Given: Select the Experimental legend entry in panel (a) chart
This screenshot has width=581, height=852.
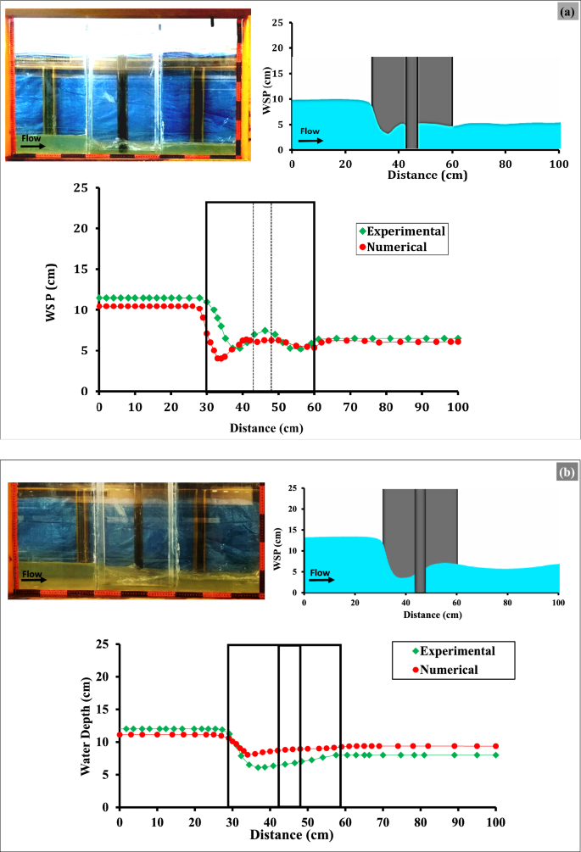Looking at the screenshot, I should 403,230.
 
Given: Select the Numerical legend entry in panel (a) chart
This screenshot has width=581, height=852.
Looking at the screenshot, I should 397,246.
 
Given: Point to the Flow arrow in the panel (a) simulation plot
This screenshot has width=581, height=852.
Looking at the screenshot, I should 310,139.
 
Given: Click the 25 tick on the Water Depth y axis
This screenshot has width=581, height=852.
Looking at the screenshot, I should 107,644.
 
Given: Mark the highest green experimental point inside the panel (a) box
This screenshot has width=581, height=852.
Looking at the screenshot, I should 265,331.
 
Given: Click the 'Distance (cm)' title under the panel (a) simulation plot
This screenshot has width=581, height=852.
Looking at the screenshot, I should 425,175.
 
